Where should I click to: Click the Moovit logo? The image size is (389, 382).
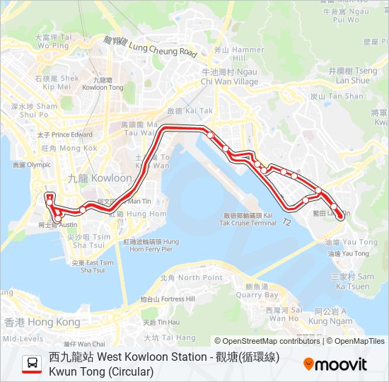[335, 364]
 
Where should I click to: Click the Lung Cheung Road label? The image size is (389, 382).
[159, 47]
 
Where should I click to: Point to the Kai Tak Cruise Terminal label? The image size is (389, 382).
[250, 219]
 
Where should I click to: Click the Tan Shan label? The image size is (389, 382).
[337, 96]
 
